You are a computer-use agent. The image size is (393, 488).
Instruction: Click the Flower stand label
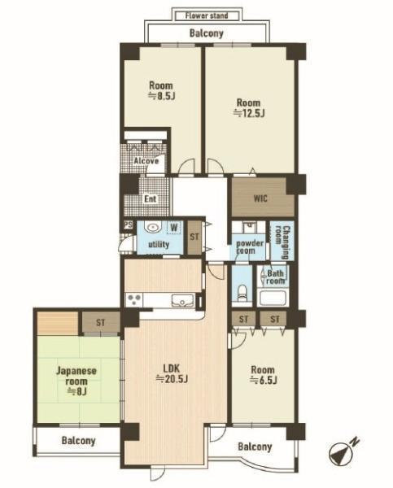[207, 15]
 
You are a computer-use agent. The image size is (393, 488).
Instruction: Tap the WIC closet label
[260, 198]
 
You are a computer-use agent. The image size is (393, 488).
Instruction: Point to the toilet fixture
[242, 294]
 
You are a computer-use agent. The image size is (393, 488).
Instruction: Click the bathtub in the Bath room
[273, 298]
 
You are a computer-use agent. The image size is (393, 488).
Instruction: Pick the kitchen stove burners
[134, 300]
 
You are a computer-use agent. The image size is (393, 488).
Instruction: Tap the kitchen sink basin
[182, 301]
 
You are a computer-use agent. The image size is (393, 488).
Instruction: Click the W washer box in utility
[174, 228]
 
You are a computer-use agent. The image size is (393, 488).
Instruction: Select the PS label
[128, 224]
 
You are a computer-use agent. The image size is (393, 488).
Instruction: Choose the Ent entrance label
[150, 198]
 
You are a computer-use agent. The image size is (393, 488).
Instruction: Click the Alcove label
[146, 161]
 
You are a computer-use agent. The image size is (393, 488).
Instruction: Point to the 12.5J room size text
[249, 113]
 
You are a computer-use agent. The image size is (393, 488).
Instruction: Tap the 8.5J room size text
[161, 96]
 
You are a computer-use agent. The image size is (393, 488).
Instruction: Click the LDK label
[172, 368]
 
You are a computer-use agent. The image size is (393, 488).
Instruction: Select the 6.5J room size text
[264, 380]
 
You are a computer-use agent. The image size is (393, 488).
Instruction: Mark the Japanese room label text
[76, 376]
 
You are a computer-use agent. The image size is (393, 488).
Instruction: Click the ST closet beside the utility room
[194, 237]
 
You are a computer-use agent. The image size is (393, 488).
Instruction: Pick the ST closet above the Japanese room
[101, 322]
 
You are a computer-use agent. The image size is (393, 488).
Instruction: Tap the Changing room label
[282, 242]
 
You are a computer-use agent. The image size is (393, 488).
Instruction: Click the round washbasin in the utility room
[152, 227]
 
